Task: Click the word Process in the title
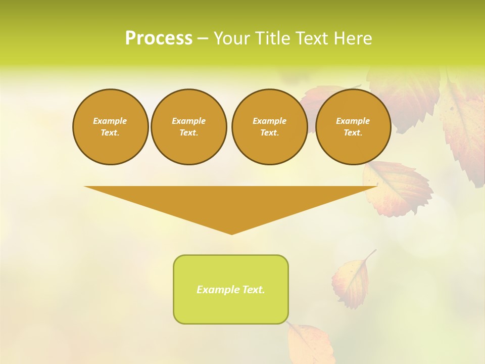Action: (159, 38)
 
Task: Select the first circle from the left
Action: (110, 127)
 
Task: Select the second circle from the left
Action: (188, 127)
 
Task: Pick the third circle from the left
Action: (269, 127)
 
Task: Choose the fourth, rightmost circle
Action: (353, 127)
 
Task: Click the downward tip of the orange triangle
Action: (231, 233)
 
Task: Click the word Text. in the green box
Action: (254, 290)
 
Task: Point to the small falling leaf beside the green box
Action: (351, 282)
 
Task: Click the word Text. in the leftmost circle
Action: (110, 133)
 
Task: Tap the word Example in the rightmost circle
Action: (353, 121)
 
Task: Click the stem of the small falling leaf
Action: (372, 254)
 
